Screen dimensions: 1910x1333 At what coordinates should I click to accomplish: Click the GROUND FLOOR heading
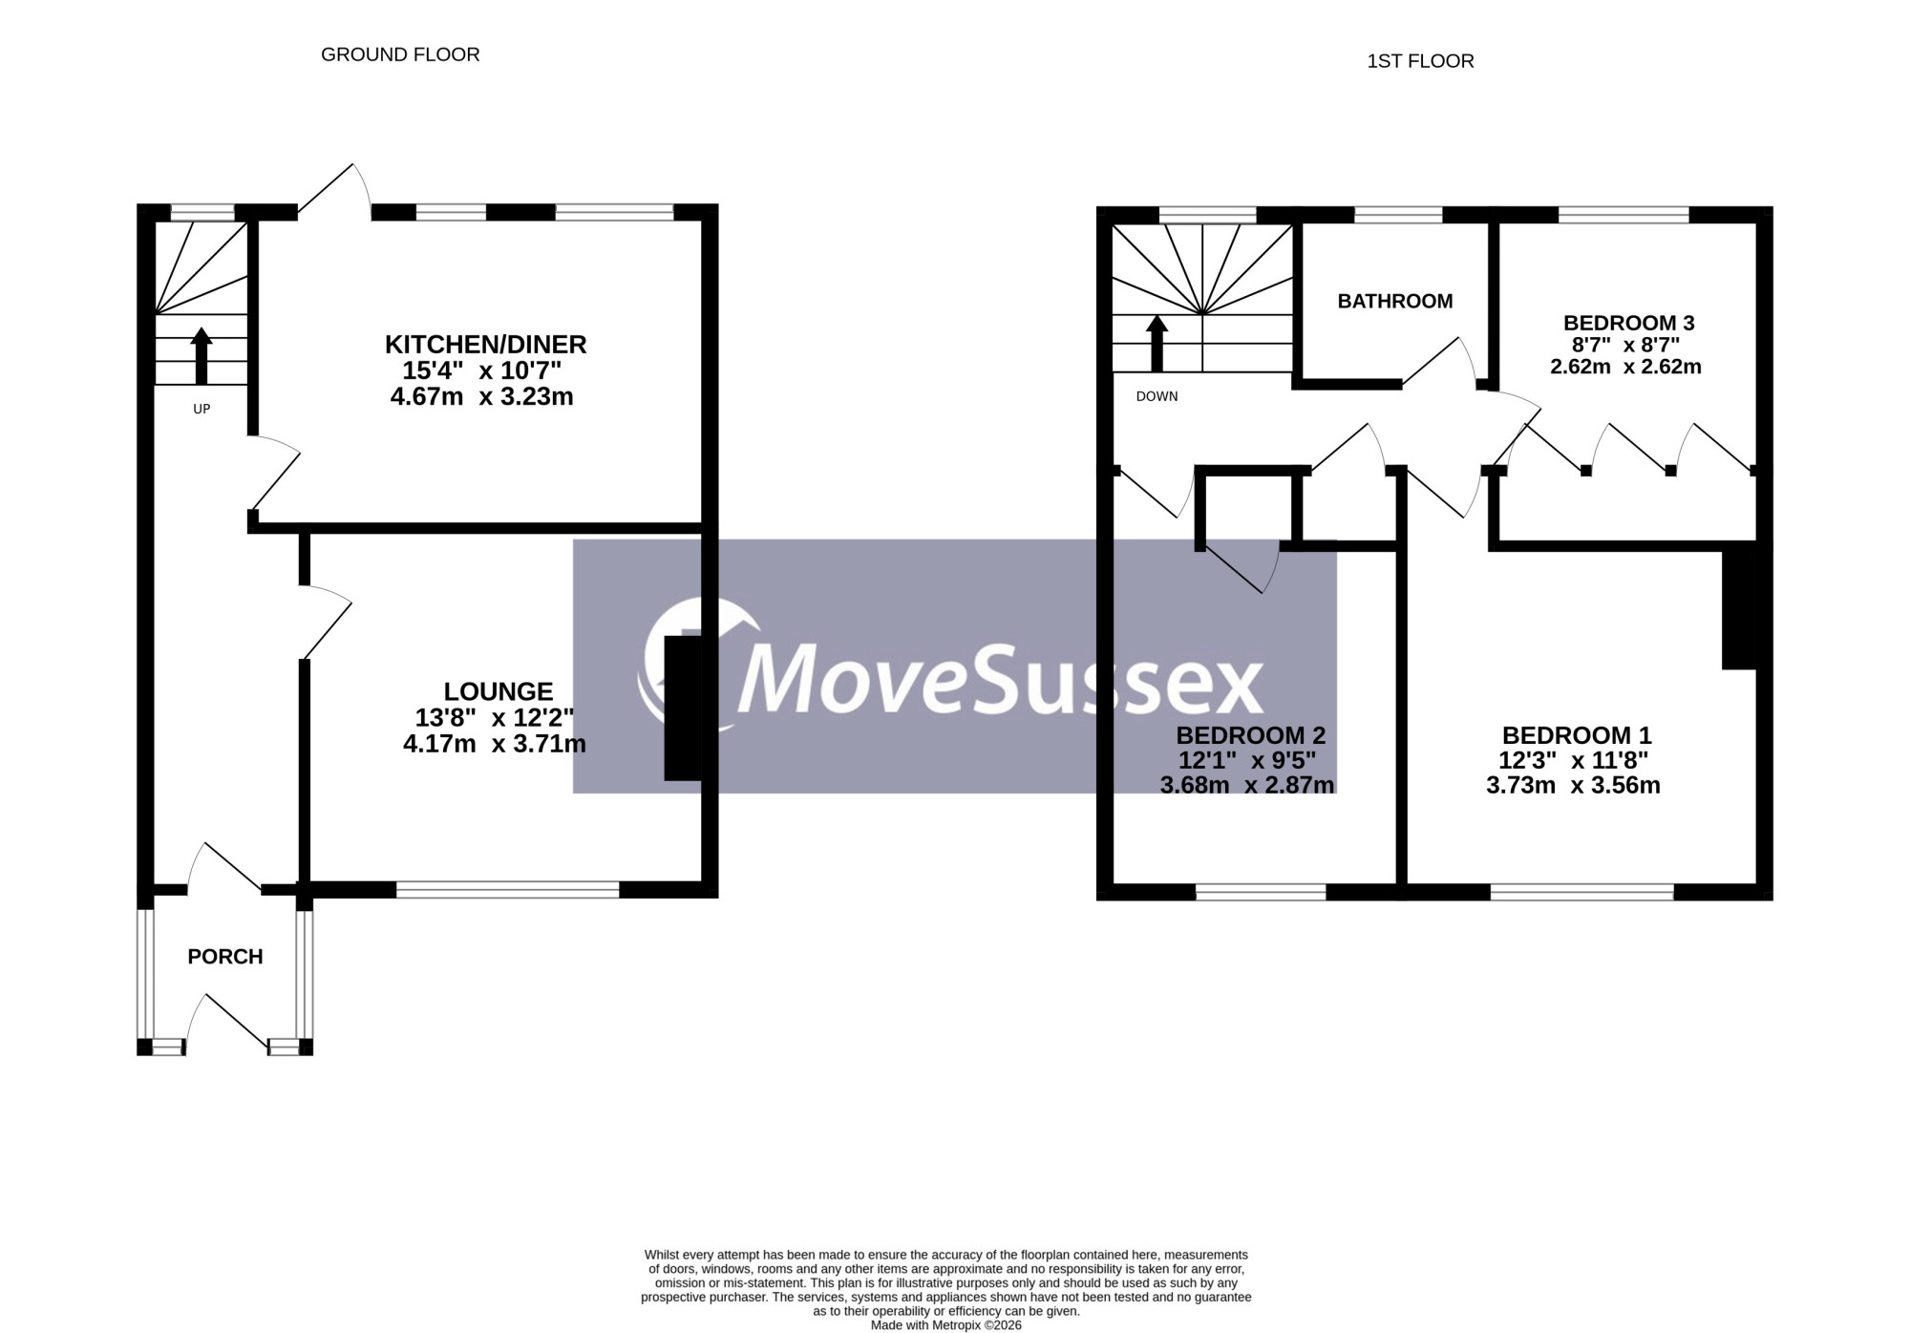pos(400,54)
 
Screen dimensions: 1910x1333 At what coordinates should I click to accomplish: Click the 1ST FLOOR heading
pos(1420,61)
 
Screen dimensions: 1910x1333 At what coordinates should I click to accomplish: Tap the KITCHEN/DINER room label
pos(485,344)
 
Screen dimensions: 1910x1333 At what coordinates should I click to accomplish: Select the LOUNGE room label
pos(499,691)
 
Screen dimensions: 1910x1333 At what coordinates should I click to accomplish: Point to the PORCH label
pos(225,957)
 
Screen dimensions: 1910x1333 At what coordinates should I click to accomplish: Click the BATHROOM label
pos(1395,302)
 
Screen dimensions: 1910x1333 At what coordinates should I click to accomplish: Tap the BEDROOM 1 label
pos(1577,735)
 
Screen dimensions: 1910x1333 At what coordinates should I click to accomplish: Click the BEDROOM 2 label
pos(1251,735)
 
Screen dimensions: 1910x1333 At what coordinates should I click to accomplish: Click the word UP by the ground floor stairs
pos(202,409)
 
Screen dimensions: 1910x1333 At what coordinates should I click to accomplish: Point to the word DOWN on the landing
pos(1157,396)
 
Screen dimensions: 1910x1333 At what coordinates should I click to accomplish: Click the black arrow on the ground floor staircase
pos(202,355)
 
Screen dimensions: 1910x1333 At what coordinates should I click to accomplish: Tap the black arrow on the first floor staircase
pos(1157,344)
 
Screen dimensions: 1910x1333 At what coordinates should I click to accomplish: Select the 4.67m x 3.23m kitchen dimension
pos(482,397)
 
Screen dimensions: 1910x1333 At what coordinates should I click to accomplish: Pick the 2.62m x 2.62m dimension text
pos(1625,367)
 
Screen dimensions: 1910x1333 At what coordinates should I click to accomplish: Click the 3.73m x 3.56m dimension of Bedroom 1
pos(1573,786)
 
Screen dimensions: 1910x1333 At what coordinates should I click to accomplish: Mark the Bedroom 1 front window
pos(1582,892)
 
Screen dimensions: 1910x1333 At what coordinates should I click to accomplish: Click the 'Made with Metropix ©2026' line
pos(946,1325)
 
